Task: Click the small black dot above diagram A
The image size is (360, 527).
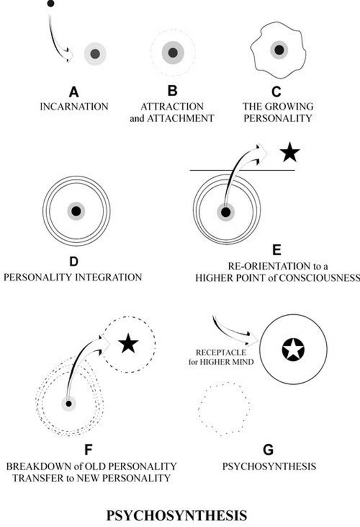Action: (50, 4)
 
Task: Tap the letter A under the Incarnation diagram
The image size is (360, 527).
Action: (74, 93)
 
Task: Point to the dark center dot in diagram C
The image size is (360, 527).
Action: (279, 50)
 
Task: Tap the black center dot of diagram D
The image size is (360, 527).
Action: (76, 211)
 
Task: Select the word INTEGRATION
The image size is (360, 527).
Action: (106, 277)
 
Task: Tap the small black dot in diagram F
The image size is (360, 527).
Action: (69, 403)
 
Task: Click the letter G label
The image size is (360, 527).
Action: (268, 451)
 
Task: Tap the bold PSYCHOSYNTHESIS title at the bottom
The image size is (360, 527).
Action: (176, 515)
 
